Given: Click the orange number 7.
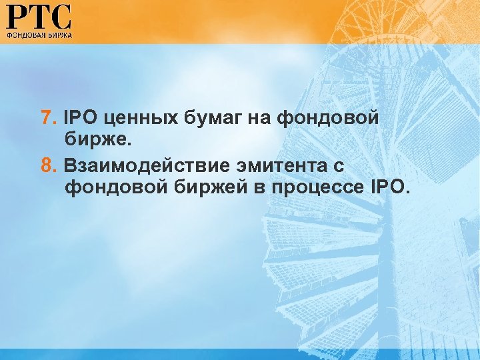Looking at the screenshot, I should pyautogui.click(x=46, y=118).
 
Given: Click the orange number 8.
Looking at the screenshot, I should pyautogui.click(x=46, y=164).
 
